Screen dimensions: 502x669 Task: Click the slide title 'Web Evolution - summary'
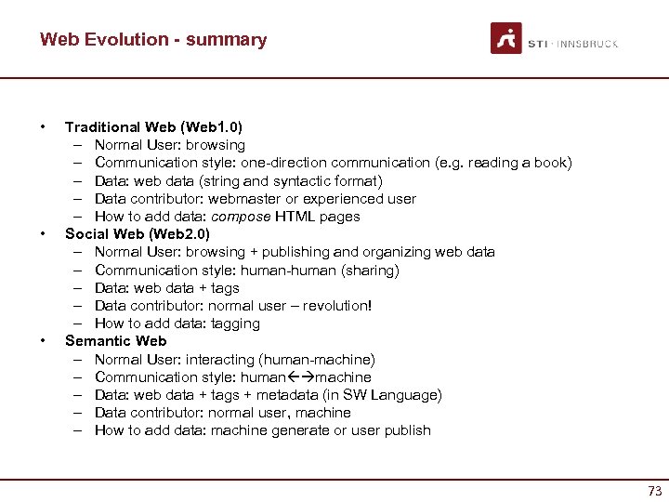(x=153, y=40)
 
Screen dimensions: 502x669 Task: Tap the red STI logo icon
(x=506, y=38)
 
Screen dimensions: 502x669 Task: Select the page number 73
(x=654, y=490)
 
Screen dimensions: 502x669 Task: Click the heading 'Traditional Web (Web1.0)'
(x=153, y=126)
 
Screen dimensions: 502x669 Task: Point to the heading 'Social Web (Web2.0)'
(x=138, y=233)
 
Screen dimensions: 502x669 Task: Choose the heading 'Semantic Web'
(x=116, y=341)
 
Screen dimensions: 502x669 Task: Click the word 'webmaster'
(x=240, y=199)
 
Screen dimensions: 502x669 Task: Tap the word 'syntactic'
(x=301, y=181)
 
